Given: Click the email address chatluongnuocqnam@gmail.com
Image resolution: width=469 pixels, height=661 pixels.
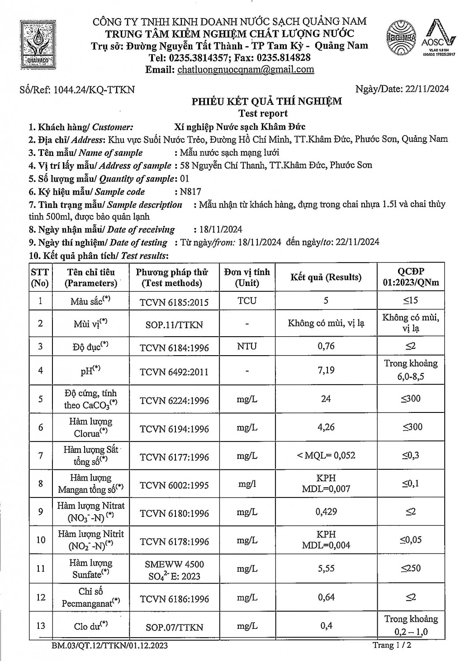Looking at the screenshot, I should point(245,70).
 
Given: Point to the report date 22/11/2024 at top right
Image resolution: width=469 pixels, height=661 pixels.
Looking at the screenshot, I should point(426,89).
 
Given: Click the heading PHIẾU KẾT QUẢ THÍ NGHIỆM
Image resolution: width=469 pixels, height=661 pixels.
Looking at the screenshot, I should point(266,102).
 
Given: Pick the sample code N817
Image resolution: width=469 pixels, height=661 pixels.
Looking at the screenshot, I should point(190,192).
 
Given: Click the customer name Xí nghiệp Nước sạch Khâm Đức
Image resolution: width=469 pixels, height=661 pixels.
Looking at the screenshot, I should point(239,127).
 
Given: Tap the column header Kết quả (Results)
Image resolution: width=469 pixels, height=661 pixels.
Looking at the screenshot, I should point(326,277).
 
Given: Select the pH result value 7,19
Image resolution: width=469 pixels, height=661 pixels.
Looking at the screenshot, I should point(326,370).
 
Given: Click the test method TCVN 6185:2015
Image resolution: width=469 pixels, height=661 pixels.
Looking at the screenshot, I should point(174,302).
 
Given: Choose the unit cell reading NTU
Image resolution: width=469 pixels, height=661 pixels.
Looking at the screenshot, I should point(247,346).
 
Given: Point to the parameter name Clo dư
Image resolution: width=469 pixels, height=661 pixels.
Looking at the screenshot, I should point(91,626).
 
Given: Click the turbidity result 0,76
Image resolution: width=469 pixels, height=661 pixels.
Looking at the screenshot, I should point(326,346).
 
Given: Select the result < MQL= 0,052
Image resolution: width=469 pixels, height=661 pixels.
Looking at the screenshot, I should point(326,456).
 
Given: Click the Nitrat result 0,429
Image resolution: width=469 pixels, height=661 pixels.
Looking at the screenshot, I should point(326,512).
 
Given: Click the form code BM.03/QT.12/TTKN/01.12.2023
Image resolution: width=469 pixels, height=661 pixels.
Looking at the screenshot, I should point(109,646).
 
